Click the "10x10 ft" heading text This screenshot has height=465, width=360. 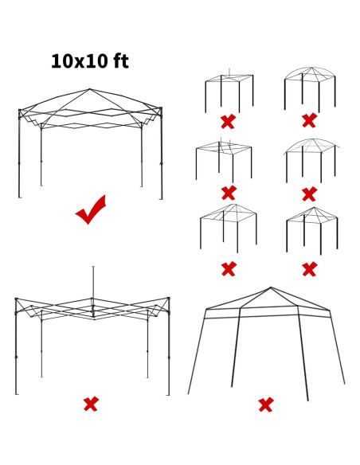[89, 61]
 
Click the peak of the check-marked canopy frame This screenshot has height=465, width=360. [90, 89]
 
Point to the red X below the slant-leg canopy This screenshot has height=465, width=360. [266, 405]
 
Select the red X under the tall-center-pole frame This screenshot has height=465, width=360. [91, 404]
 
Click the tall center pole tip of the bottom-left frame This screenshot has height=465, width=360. [93, 268]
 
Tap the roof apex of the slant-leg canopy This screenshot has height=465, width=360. [271, 287]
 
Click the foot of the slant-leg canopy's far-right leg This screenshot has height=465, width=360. [345, 384]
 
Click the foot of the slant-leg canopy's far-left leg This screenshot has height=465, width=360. [189, 393]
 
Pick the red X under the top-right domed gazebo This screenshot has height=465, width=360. [309, 121]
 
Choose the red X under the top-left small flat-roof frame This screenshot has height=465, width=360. [228, 122]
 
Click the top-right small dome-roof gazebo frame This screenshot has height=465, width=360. [310, 88]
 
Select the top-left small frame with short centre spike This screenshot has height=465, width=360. [229, 90]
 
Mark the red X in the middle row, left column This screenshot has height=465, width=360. [229, 193]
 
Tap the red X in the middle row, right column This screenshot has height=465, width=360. [309, 193]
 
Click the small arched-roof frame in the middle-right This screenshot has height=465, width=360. [310, 159]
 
